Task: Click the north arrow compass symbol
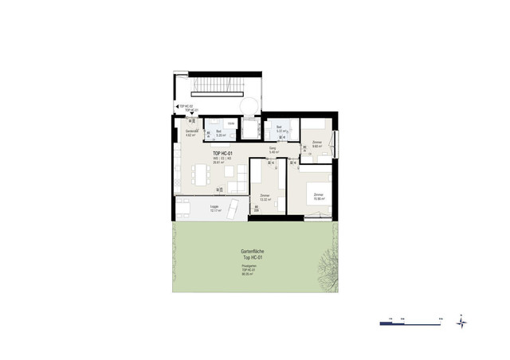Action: coord(461,322)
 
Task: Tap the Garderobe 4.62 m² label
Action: coord(192,133)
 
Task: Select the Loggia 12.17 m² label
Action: coord(214,209)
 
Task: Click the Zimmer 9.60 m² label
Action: coord(316,145)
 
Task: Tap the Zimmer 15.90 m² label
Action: coord(318,197)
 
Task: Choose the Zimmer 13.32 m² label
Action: coord(264,197)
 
